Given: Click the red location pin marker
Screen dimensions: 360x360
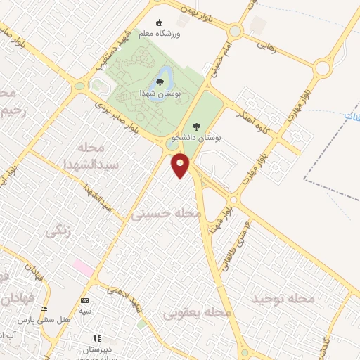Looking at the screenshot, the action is click(x=181, y=166).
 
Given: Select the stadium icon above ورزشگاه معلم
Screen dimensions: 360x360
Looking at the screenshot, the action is click(x=158, y=22).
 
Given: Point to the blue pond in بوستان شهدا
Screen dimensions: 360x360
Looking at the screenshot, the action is click(x=163, y=75).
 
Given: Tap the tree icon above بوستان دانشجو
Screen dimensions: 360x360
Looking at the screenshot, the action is click(x=195, y=127).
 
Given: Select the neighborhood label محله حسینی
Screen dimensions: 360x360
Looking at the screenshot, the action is click(x=165, y=213).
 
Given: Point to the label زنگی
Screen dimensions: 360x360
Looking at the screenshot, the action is click(x=58, y=230).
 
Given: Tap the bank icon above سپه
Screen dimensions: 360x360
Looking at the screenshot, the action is click(x=84, y=300).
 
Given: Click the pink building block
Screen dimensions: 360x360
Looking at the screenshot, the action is click(x=83, y=267).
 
